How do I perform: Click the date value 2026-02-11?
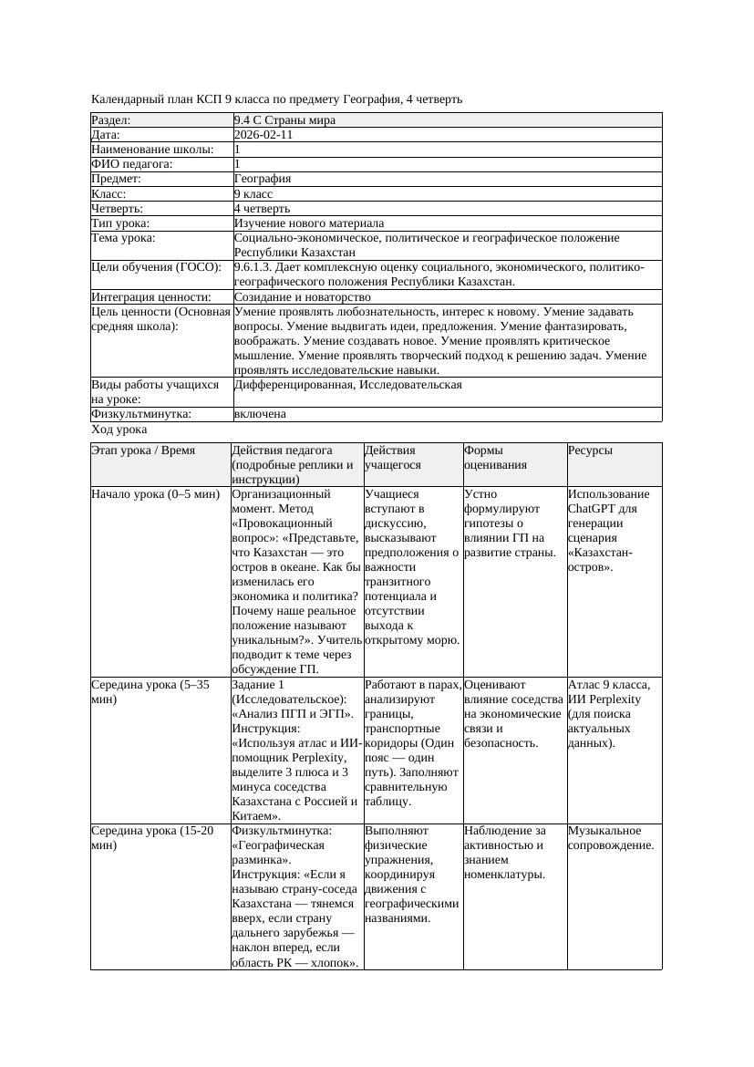[x=263, y=134]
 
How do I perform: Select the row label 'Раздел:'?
[x=111, y=119]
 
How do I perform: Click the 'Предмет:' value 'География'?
[x=263, y=179]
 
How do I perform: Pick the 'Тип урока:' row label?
[x=120, y=223]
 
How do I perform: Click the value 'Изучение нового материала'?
[x=309, y=223]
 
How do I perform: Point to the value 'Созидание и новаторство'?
[x=303, y=297]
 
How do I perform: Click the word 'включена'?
[x=260, y=414]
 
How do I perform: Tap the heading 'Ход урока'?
[x=119, y=430]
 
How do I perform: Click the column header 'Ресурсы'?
[x=590, y=451]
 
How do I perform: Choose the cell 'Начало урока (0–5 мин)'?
[x=156, y=494]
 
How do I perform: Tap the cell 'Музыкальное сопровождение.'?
[x=611, y=838]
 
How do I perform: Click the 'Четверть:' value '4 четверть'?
[x=264, y=209]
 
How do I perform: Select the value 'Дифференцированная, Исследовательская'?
[x=347, y=385]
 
